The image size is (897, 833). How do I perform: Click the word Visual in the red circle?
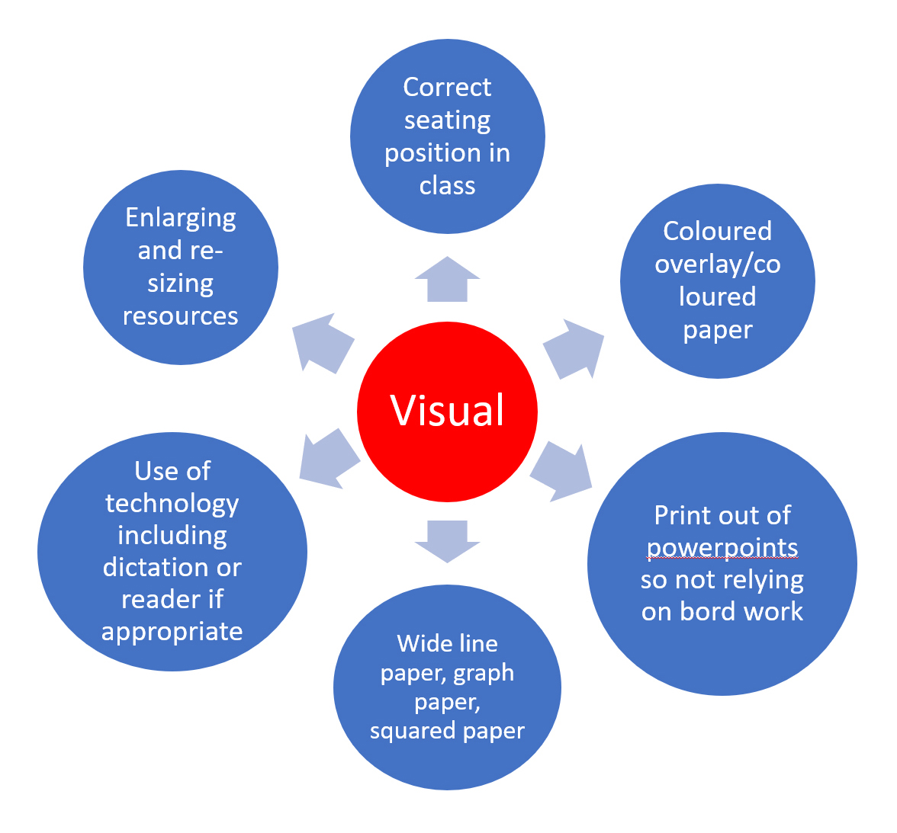pos(448,410)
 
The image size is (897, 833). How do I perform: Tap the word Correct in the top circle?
pos(447,88)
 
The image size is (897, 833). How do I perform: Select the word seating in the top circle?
pos(447,120)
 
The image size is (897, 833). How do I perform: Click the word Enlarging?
pos(181,218)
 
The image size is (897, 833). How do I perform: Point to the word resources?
pos(181,316)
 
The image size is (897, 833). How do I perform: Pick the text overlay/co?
pos(717,264)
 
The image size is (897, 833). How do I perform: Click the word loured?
pos(717,296)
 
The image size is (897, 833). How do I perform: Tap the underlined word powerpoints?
pos(722,548)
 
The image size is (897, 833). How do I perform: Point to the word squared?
pos(408,731)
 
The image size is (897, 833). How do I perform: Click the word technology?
pos(172,504)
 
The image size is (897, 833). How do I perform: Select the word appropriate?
pos(172,632)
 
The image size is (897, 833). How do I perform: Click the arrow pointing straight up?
pos(448,279)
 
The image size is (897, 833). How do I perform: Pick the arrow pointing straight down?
pos(448,540)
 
